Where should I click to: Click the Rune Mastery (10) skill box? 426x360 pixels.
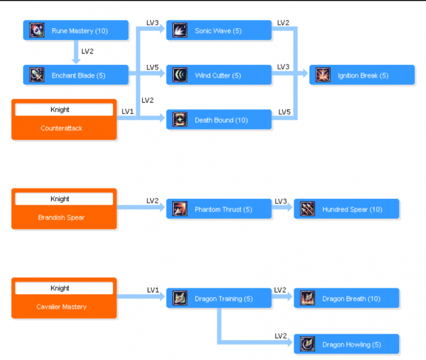point(76,31)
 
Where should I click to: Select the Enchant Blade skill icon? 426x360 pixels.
point(37,75)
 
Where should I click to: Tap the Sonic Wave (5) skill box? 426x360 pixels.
point(219,31)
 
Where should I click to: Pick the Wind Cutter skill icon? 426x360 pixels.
point(180,75)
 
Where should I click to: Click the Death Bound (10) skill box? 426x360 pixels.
point(219,120)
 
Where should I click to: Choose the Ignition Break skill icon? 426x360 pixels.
point(323,75)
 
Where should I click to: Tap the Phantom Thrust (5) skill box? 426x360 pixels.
point(219,209)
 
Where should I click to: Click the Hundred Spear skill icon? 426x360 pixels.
point(308,209)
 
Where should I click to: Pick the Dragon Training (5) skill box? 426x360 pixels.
point(219,299)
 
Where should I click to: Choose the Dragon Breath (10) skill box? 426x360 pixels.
point(346,299)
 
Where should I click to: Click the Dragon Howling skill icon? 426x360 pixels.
point(308,344)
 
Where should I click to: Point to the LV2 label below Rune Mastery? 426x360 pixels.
point(87,52)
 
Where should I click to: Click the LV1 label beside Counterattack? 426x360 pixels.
point(127,111)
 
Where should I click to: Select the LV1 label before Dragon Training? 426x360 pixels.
point(153,290)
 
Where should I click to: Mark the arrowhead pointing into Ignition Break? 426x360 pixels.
point(305,75)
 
